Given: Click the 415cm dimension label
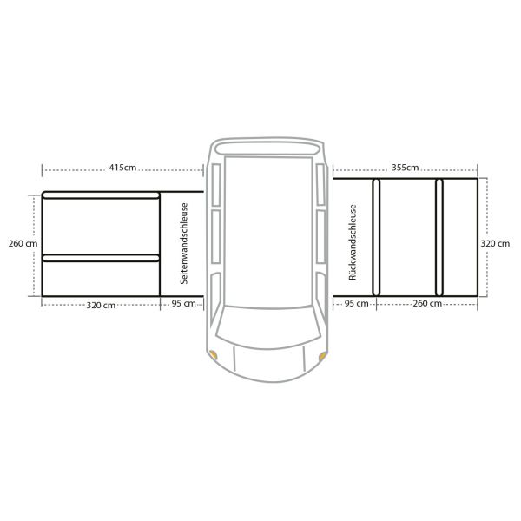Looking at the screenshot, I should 122,167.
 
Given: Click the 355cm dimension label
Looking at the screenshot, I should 405,167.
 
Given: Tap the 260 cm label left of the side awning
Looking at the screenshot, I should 18,243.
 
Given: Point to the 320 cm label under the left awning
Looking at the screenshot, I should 101,305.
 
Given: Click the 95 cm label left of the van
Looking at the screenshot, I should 182,305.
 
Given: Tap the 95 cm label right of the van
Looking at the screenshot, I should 356,304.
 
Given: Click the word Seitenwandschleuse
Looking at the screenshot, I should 183,245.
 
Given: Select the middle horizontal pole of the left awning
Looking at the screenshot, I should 101,257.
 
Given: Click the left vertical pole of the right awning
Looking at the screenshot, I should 376,236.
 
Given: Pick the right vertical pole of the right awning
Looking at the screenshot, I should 439,236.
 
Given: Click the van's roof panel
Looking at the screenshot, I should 267,230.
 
